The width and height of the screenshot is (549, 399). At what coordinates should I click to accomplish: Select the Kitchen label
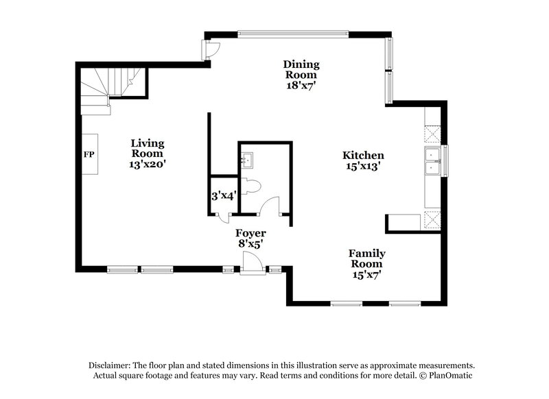pyautogui.click(x=364, y=156)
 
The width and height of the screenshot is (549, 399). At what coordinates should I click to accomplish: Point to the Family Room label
pyautogui.click(x=366, y=258)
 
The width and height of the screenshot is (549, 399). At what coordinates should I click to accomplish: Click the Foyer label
pyautogui.click(x=250, y=234)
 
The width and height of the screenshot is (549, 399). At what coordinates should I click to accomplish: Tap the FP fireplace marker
pyautogui.click(x=89, y=154)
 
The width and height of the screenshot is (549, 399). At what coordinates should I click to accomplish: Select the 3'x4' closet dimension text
pyautogui.click(x=224, y=195)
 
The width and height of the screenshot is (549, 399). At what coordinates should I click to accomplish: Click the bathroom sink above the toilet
pyautogui.click(x=248, y=160)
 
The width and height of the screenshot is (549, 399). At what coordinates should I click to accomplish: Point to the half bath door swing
pyautogui.click(x=270, y=206)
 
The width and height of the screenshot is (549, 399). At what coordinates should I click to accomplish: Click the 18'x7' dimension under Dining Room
pyautogui.click(x=302, y=86)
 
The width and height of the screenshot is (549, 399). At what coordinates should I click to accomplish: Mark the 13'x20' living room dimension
pyautogui.click(x=148, y=165)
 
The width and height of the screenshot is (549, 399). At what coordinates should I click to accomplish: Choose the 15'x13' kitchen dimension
pyautogui.click(x=364, y=166)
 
